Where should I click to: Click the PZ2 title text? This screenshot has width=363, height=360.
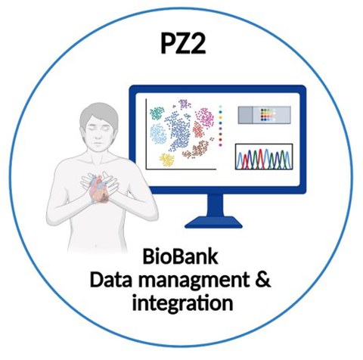183,43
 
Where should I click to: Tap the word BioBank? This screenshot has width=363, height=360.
180,256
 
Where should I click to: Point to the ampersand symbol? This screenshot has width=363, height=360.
264,280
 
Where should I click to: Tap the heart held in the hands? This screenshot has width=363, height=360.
99,188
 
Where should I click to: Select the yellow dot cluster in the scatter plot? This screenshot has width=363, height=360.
166,160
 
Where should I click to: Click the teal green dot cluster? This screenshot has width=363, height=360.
157,113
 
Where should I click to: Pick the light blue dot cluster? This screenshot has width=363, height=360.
158,134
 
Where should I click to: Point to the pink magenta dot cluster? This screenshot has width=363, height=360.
204,117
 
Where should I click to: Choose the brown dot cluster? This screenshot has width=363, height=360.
197,149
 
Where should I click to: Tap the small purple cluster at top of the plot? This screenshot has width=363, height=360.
185,104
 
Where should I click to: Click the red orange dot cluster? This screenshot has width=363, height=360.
198,129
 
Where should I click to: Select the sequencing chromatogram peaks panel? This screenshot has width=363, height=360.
264,157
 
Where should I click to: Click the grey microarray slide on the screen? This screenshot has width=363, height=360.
265,115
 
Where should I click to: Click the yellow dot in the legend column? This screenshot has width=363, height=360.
221,117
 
